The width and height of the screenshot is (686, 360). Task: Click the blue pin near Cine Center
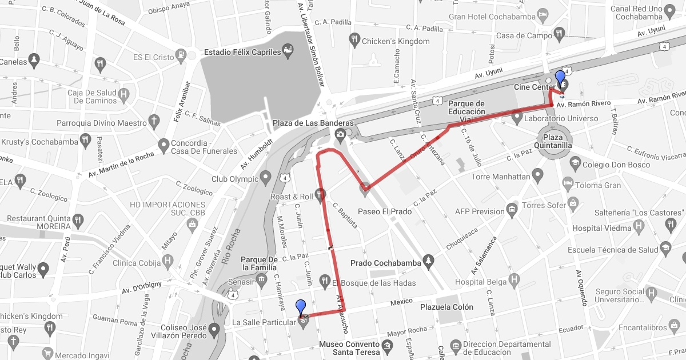[x=560, y=78]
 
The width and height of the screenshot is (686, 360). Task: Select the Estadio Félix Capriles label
[x=243, y=52]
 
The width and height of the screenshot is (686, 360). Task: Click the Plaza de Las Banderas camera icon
[x=340, y=134]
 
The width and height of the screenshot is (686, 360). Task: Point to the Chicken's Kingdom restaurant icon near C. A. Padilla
[x=354, y=41]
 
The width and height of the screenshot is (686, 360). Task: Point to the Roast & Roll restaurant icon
[x=321, y=197]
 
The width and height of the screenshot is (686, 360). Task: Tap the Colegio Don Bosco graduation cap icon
[x=574, y=165]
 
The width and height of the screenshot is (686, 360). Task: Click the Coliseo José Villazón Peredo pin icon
[x=214, y=329]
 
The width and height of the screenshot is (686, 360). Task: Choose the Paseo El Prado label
[x=385, y=211]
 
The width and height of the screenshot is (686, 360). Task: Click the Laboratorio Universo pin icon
[x=518, y=119]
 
